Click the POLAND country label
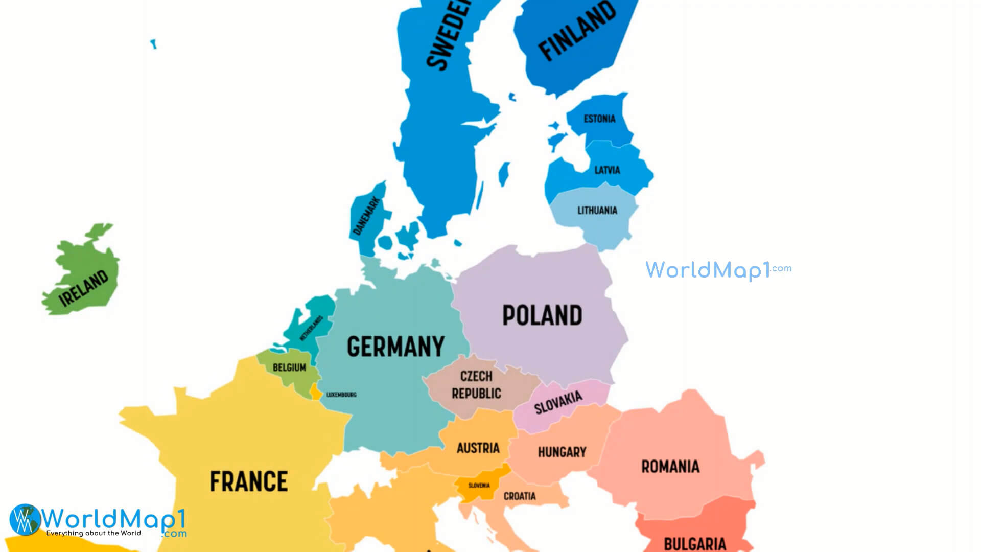pos(542,315)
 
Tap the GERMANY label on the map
pos(395,347)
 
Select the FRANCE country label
pos(249,481)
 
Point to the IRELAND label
pos(84,288)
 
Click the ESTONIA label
pos(599,119)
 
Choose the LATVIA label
pos(607,170)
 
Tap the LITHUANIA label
pos(597,210)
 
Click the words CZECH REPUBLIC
pos(476,385)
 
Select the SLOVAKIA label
pos(558,403)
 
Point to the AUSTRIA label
pos(478,448)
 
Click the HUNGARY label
pos(562,452)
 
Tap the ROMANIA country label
pos(670,466)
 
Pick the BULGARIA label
pos(695,543)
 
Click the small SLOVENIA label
pos(479,486)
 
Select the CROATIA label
pos(520,496)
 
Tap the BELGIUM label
pos(289,367)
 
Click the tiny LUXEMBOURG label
pos(341,395)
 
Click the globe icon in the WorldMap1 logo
pos(25,520)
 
